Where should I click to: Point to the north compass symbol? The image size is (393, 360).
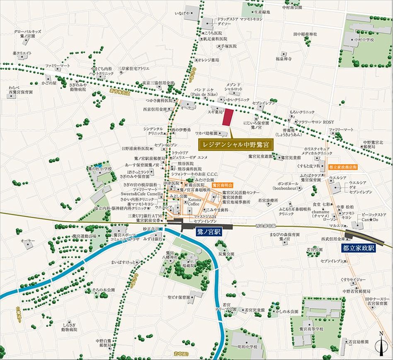coord(381,345)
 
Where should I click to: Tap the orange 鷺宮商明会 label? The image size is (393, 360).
coord(223,185)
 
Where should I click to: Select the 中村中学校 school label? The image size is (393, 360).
coord(364,40)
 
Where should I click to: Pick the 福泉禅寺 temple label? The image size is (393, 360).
coord(285,58)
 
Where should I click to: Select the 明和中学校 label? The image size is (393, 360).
coord(247,346)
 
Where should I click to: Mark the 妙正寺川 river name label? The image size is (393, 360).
coord(151,228)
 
